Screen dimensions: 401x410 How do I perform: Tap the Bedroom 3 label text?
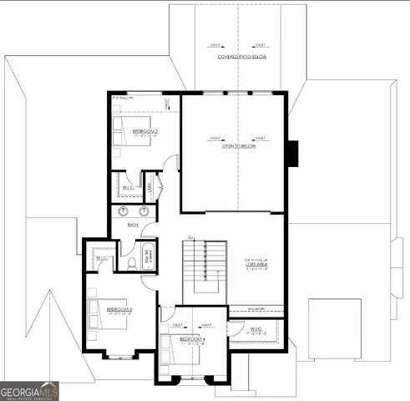point(119,309)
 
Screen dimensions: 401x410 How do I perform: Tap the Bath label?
point(132,224)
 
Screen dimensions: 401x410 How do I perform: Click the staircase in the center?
point(205,272)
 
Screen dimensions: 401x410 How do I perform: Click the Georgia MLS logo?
point(30,391)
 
